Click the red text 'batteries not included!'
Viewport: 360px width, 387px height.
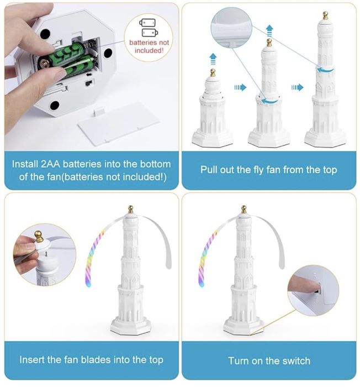(149, 46)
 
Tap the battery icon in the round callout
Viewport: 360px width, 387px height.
(149, 28)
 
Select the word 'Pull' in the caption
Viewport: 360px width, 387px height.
(209, 170)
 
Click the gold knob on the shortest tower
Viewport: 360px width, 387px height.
(213, 72)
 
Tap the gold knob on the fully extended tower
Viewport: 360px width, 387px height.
(325, 15)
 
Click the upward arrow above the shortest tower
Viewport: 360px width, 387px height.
(213, 59)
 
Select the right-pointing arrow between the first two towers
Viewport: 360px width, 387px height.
(240, 87)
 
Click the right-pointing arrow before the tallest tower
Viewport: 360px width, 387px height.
(297, 87)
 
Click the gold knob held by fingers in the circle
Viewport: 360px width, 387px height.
(39, 237)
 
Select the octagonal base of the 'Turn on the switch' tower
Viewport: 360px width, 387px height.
(243, 325)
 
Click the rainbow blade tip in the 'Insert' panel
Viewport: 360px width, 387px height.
(88, 284)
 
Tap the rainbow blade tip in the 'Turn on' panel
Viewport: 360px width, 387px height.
(201, 284)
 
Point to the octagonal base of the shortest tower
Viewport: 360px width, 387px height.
(213, 139)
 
